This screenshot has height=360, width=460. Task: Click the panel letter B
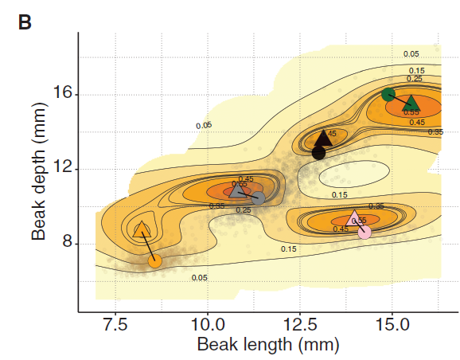tap(25, 22)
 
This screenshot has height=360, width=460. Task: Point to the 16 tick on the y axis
tap(64, 94)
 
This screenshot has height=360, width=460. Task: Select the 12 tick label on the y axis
tap(64, 168)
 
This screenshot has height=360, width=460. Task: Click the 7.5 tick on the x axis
tap(116, 325)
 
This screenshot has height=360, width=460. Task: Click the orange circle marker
tap(154, 260)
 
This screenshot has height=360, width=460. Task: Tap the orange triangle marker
tap(142, 230)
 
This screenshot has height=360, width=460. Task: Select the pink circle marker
tap(364, 232)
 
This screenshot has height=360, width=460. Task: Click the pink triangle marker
tap(354, 217)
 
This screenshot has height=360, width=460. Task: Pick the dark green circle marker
tap(388, 95)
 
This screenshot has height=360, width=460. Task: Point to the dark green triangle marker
tap(411, 103)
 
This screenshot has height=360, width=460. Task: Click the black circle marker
tap(318, 152)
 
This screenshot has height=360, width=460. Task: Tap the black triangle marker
tap(323, 138)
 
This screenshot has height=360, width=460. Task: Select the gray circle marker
tap(258, 198)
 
